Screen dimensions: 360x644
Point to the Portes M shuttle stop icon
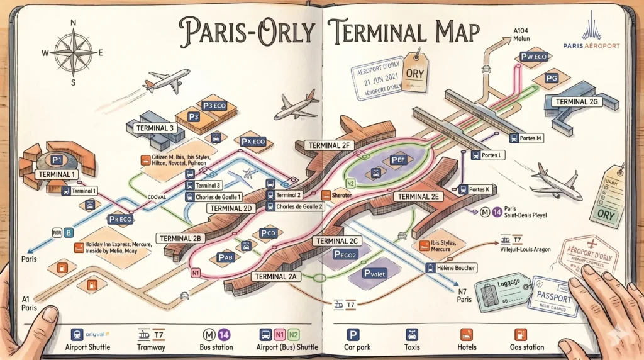(514, 139)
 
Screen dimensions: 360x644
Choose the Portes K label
(479, 189)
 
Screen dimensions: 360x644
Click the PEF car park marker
(397, 160)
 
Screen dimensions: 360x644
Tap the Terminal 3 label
(155, 128)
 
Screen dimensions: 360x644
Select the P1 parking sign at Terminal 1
(57, 160)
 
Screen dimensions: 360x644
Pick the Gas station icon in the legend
(520, 334)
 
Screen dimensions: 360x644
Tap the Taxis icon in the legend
(412, 334)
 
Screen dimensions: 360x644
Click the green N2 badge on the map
(351, 183)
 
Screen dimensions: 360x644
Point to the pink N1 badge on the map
(196, 273)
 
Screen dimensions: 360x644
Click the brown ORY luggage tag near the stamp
(415, 70)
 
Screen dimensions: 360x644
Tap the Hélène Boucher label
(452, 267)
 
